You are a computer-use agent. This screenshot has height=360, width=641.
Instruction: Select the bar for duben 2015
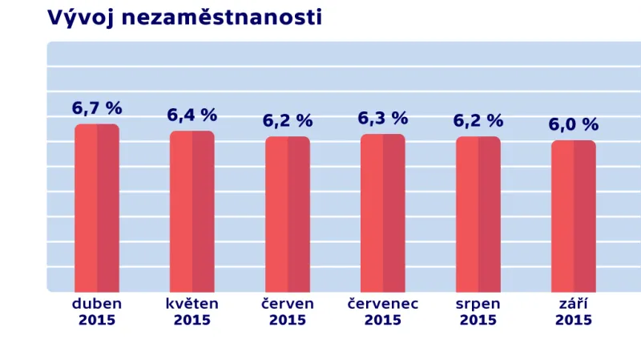point(97,208)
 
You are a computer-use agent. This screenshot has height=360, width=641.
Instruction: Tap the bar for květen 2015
point(192,212)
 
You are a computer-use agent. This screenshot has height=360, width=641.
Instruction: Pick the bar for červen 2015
point(288,215)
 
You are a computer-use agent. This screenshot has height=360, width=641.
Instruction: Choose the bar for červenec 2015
point(383,213)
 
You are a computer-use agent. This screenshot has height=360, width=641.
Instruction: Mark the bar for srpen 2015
point(478,215)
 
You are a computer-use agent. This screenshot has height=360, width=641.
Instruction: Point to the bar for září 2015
point(574,216)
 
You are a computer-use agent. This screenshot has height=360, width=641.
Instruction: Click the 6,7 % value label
point(97,108)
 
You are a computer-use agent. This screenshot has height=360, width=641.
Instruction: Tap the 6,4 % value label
point(192,115)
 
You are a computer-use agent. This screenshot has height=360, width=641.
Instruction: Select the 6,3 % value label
point(383,119)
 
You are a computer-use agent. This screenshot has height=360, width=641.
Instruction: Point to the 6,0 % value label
point(574,125)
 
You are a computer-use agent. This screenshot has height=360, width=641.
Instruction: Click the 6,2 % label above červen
point(288,121)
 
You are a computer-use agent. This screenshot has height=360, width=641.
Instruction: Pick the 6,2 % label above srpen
point(478,121)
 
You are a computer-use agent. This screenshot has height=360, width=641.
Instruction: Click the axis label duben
point(97,304)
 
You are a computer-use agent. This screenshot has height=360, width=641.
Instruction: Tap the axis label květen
point(192,304)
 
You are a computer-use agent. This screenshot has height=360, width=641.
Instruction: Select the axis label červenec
point(383,304)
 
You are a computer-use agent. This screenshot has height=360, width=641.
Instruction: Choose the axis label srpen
point(478,305)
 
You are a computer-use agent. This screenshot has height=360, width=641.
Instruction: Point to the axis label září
point(574,304)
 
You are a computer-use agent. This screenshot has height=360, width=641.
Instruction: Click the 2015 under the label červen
point(288,320)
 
